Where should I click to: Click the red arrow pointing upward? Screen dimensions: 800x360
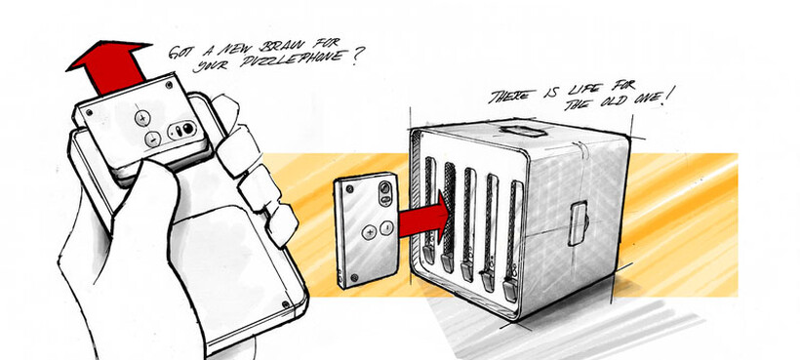(110, 66)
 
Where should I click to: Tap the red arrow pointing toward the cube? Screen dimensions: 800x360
(424, 216)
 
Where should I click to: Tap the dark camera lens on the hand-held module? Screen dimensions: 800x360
(188, 128)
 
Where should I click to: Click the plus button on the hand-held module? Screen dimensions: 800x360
(142, 119)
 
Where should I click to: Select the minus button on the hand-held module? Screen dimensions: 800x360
(152, 139)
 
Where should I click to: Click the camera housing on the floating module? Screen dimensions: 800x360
(386, 194)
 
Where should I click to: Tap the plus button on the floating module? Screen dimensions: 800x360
(369, 232)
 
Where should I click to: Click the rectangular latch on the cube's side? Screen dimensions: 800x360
(578, 222)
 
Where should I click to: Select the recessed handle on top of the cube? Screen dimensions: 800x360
(523, 131)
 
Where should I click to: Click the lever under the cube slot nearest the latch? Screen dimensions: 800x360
(510, 290)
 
